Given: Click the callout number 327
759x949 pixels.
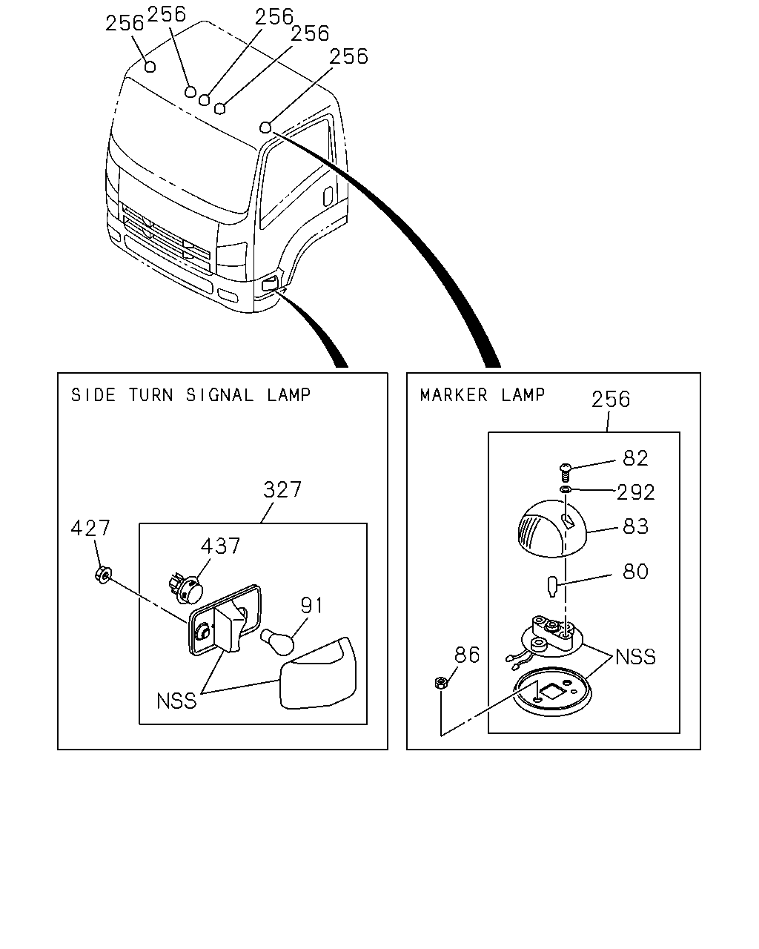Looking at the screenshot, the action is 282,489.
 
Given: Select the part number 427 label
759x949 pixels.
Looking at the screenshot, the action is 90,528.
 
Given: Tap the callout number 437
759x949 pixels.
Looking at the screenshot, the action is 220,546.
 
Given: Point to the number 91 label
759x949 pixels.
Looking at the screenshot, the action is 311,606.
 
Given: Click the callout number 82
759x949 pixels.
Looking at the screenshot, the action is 635,458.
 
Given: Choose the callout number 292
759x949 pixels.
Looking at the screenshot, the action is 635,492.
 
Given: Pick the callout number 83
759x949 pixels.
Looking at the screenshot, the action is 635,526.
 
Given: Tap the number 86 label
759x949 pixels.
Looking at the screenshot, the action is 467,655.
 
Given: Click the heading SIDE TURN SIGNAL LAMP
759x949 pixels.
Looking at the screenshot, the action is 190,394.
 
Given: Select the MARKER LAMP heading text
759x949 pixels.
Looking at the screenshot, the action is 483,394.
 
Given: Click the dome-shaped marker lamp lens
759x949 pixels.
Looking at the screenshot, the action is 551,529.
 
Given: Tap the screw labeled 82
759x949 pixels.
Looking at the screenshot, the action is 565,472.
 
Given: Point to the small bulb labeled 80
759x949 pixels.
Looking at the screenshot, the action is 551,586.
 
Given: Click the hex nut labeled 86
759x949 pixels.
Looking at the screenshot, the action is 440,683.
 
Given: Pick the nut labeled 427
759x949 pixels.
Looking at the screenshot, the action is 103,575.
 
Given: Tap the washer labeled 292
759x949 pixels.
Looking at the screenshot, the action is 566,489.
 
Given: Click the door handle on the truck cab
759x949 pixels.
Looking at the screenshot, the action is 328,196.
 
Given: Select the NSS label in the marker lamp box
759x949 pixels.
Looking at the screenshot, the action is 635,657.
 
